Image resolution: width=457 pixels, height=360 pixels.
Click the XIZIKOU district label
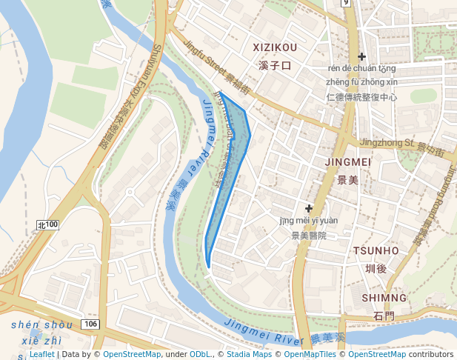click(275, 47)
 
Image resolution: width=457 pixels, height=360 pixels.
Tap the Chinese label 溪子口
click(275, 66)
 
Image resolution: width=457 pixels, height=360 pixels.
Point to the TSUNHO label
click(376, 250)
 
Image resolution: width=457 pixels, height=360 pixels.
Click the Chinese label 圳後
click(376, 268)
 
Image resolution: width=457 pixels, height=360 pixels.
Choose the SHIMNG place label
click(384, 298)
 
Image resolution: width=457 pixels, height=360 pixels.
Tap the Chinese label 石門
click(384, 316)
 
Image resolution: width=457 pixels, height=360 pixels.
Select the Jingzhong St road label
click(385, 142)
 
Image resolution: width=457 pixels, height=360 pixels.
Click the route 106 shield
click(90, 324)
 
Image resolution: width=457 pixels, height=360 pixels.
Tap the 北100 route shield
click(47, 224)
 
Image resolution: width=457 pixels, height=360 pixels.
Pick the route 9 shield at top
click(345, 3)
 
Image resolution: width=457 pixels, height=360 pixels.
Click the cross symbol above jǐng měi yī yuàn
click(309, 208)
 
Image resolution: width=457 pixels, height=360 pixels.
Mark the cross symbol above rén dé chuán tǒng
click(361, 56)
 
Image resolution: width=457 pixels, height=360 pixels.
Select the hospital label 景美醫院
click(308, 236)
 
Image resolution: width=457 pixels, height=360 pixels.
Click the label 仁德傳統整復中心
click(361, 97)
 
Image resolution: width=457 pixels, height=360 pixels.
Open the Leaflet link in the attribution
click(41, 354)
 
